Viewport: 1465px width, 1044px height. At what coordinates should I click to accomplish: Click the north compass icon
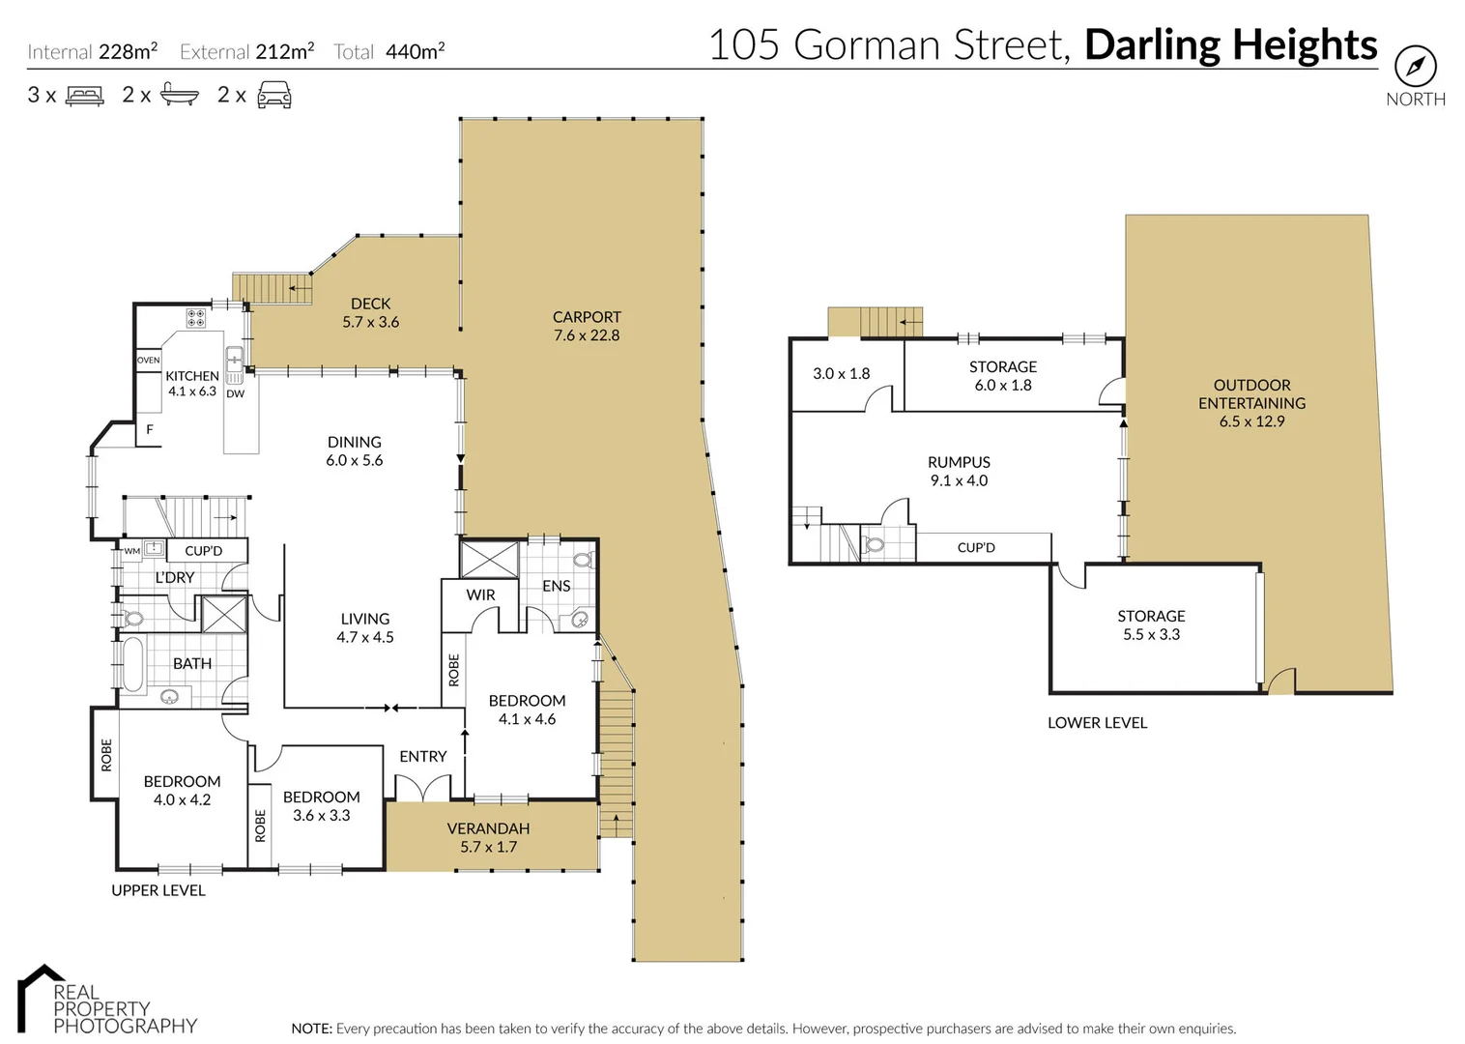pyautogui.click(x=1415, y=67)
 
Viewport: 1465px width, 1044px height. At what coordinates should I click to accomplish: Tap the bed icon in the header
pyautogui.click(x=84, y=96)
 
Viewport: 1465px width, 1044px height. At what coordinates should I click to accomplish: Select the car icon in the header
pyautogui.click(x=274, y=95)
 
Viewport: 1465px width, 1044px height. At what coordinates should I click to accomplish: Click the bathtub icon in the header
pyautogui.click(x=180, y=95)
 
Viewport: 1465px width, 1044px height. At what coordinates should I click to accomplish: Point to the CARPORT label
pyautogui.click(x=587, y=317)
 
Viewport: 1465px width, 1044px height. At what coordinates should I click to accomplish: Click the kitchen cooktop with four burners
pyautogui.click(x=195, y=318)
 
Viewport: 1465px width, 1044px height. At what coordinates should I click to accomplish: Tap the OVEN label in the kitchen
pyautogui.click(x=148, y=361)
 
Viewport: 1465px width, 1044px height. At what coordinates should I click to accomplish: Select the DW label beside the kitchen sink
pyautogui.click(x=235, y=394)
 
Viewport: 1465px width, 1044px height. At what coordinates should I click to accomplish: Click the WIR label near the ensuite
pyautogui.click(x=480, y=595)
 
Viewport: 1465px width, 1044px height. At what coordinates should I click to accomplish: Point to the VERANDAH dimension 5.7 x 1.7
pyautogui.click(x=488, y=848)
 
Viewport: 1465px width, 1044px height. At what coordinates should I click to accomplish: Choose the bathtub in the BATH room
pyautogui.click(x=131, y=664)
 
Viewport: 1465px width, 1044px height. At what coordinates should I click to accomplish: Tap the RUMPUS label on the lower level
pyautogui.click(x=959, y=463)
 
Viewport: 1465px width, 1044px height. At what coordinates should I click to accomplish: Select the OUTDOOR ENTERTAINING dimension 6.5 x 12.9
pyautogui.click(x=1251, y=421)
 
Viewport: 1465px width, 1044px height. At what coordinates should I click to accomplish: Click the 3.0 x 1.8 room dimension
pyautogui.click(x=841, y=374)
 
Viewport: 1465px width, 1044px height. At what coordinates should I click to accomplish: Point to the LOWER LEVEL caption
pyautogui.click(x=1097, y=723)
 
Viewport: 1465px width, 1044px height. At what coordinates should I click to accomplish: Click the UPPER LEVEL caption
pyautogui.click(x=158, y=890)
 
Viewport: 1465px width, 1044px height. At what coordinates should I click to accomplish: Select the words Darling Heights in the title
pyautogui.click(x=1230, y=45)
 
